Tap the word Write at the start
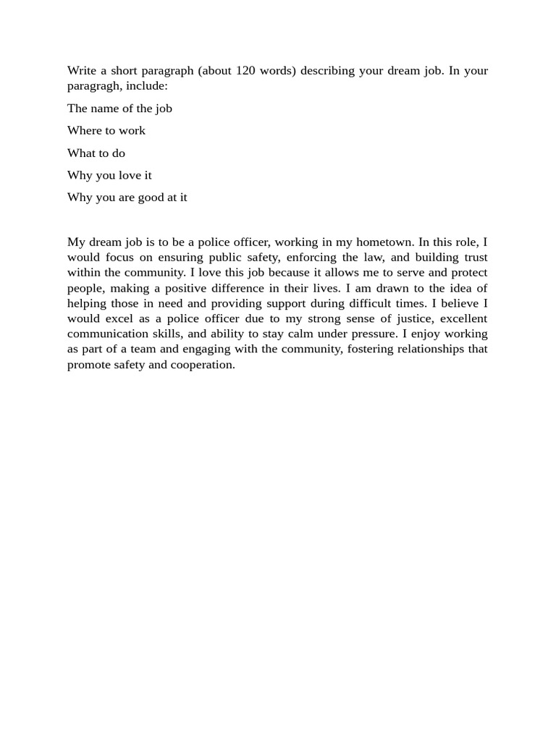(82, 71)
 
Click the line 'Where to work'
(106, 131)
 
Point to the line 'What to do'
(96, 153)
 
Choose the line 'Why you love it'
(109, 176)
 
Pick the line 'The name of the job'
(119, 109)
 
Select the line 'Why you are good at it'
(127, 198)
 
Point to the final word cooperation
(203, 365)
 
